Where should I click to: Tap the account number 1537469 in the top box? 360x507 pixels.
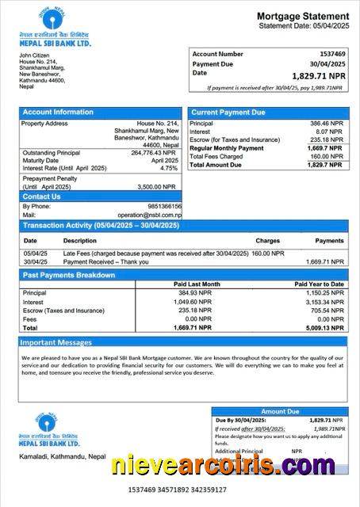(x=328, y=54)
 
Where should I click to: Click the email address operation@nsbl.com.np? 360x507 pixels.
(x=150, y=215)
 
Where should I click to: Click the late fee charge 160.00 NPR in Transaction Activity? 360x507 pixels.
(x=267, y=253)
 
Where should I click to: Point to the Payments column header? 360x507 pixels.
(x=329, y=240)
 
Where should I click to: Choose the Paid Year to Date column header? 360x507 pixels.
(x=319, y=284)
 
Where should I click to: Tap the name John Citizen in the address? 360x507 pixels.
(x=36, y=55)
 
